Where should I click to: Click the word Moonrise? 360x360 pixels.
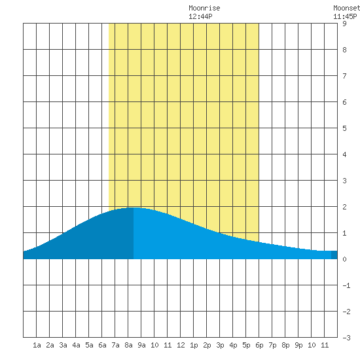[204, 8]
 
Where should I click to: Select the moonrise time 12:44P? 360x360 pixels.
[200, 16]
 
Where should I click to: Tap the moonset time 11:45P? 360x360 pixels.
[345, 16]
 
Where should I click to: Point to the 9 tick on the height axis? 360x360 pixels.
[344, 24]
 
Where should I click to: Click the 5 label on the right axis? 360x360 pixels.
[344, 128]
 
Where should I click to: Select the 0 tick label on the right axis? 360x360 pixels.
[344, 259]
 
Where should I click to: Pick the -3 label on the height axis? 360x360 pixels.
[346, 338]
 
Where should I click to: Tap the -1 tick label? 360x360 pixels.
[346, 285]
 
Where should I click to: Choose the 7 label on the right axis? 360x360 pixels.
[344, 76]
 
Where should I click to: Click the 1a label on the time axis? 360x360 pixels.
[37, 345]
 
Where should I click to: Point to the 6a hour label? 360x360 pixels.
[102, 345]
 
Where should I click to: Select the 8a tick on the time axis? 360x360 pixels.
[128, 345]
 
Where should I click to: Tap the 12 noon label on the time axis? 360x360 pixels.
[181, 345]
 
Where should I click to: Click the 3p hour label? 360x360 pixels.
[220, 345]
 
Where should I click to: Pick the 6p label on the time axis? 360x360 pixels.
[259, 345]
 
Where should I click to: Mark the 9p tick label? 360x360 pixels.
[298, 345]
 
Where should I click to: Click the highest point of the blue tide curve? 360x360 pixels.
[134, 207]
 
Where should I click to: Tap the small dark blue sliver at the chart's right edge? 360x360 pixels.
[334, 255]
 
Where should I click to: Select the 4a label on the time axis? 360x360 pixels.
[76, 345]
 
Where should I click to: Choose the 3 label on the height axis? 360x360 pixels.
[344, 181]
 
